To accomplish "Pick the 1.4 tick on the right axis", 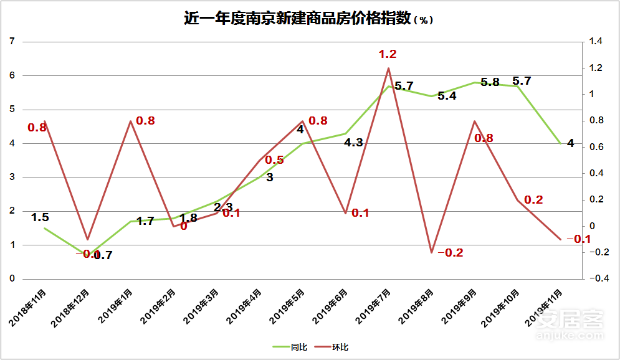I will (x=596, y=42).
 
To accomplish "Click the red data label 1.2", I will (x=388, y=54).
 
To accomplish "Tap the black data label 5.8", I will (x=490, y=82).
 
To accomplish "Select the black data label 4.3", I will (x=353, y=143).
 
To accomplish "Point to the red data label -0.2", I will (x=451, y=253).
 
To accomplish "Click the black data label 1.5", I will (x=40, y=217).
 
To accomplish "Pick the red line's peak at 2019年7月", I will (x=388, y=68).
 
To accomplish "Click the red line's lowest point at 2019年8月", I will (x=431, y=252).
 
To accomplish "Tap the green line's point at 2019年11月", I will (x=560, y=144).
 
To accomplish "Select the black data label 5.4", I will (x=447, y=96).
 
